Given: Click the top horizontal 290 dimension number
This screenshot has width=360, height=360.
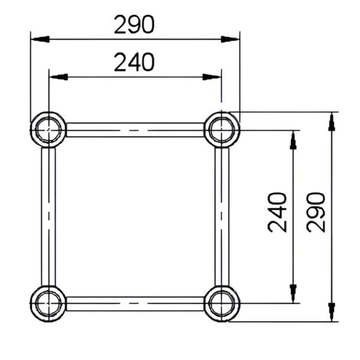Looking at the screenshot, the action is coord(134,25).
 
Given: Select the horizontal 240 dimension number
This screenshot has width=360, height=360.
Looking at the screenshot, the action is coord(134,62).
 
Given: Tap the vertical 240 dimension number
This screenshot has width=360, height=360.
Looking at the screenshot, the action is coord(277,212).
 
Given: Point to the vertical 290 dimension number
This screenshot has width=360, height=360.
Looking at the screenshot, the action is coord(316,212).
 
